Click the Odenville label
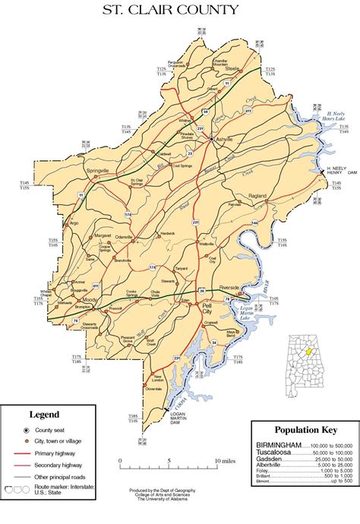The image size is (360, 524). [x=122, y=237]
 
